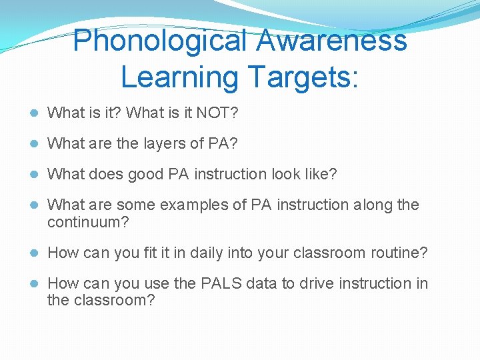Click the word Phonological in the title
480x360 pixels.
point(159,40)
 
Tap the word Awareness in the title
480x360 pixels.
point(331,40)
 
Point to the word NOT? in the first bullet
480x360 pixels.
point(217,113)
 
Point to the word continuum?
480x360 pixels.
point(87,222)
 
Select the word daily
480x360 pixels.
point(209,253)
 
